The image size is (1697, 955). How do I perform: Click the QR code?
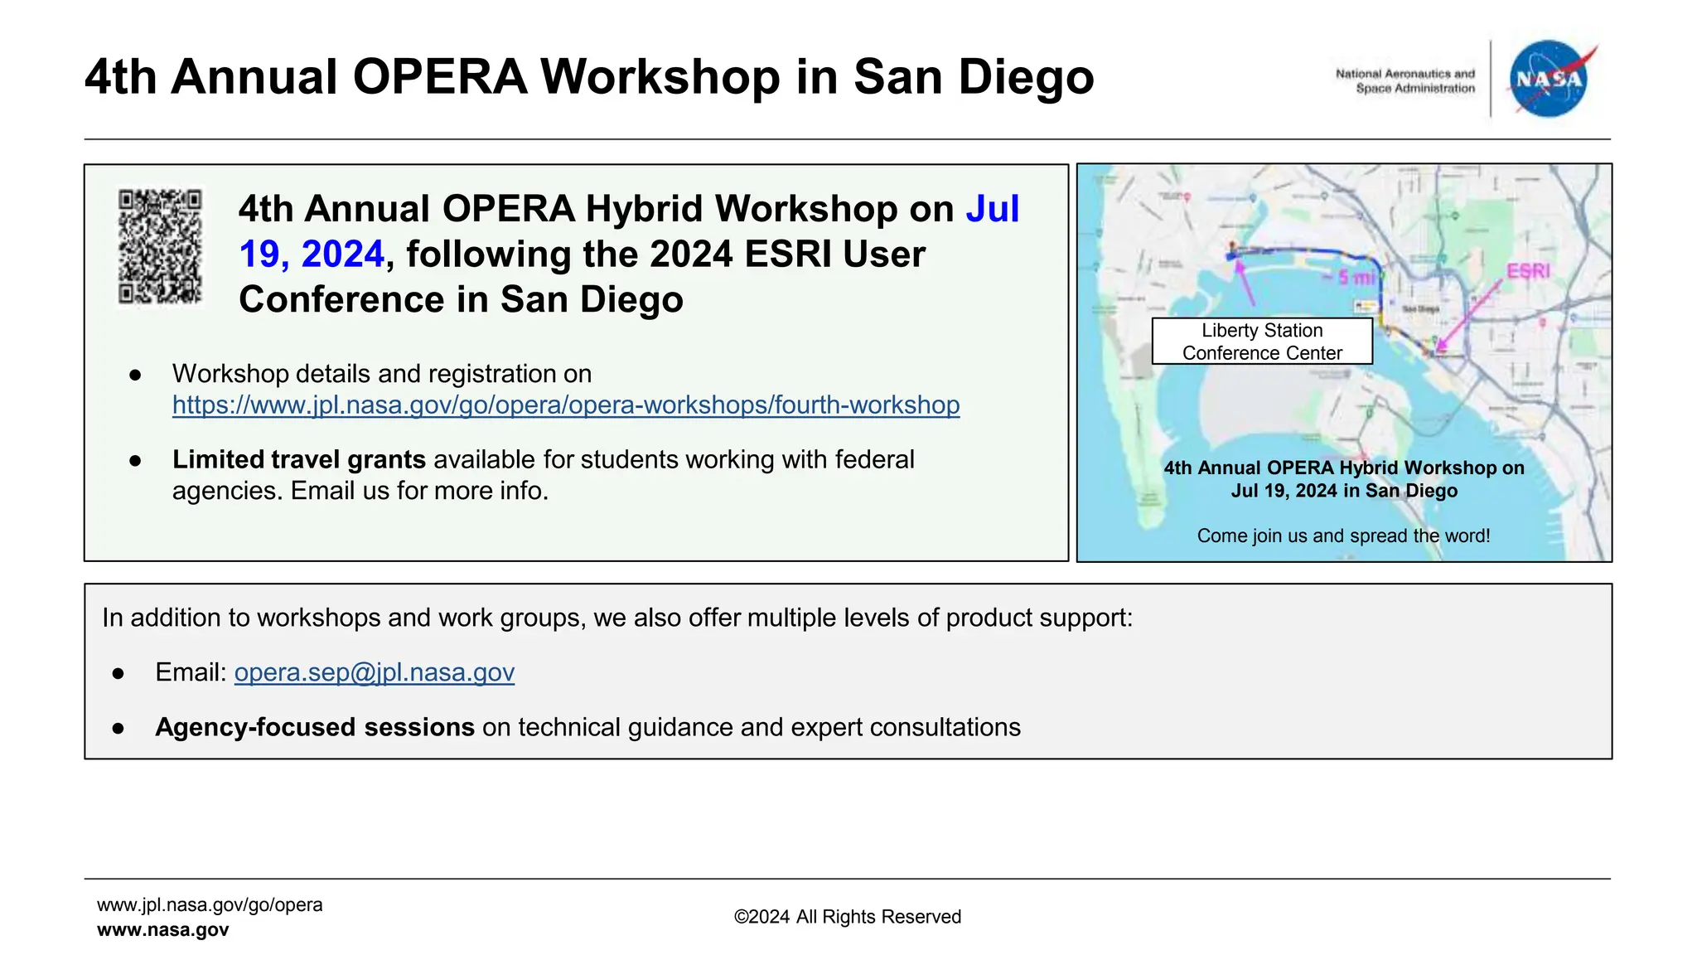click(160, 246)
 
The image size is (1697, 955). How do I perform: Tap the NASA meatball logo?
click(1548, 79)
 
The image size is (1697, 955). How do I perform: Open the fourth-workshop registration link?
click(566, 405)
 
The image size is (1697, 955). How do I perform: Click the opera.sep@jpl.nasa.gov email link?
click(374, 672)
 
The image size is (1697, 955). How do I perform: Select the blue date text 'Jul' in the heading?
click(992, 209)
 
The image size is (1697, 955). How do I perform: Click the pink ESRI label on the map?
click(1527, 271)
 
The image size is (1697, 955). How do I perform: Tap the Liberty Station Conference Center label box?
click(1261, 342)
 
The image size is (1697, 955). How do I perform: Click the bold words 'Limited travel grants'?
click(298, 459)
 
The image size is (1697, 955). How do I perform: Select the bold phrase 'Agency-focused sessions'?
click(314, 727)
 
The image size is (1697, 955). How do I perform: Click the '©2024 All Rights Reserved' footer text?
click(847, 917)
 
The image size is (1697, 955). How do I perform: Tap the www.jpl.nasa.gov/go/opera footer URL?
click(210, 904)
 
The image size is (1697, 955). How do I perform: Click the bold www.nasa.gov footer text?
click(162, 930)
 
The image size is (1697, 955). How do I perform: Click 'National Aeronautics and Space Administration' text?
click(1404, 80)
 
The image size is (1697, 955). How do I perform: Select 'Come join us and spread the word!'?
click(1343, 536)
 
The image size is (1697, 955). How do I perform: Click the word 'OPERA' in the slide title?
click(439, 77)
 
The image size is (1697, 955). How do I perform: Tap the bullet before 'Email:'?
click(118, 674)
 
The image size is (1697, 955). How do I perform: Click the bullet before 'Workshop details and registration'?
click(135, 375)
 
